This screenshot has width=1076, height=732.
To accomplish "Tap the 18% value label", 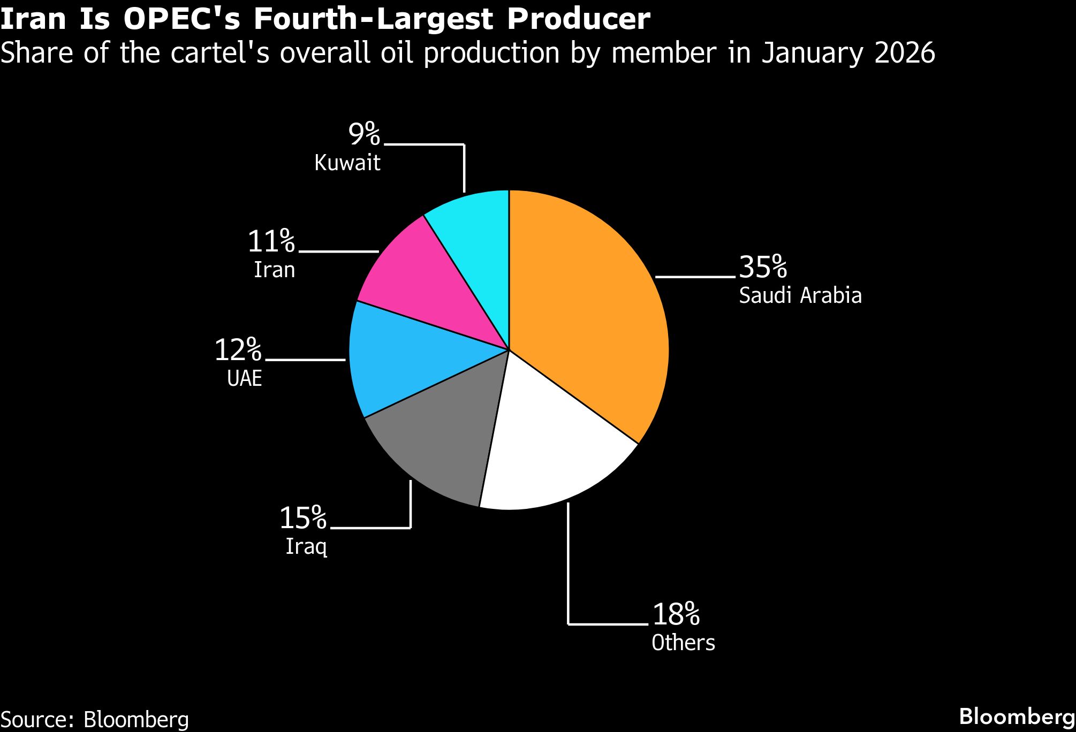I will (x=676, y=614).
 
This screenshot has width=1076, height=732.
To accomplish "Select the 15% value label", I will (x=303, y=517).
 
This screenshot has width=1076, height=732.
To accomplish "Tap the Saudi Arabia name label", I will (x=800, y=295).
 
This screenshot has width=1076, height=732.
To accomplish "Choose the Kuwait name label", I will (x=347, y=163).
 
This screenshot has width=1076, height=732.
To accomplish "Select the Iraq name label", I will (x=306, y=546).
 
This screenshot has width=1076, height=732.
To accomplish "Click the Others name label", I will (x=683, y=643).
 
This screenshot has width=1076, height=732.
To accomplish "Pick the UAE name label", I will (x=245, y=378).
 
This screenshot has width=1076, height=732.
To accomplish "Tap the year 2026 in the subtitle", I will (x=905, y=52).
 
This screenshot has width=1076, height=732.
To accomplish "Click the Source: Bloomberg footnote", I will (x=95, y=719).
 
